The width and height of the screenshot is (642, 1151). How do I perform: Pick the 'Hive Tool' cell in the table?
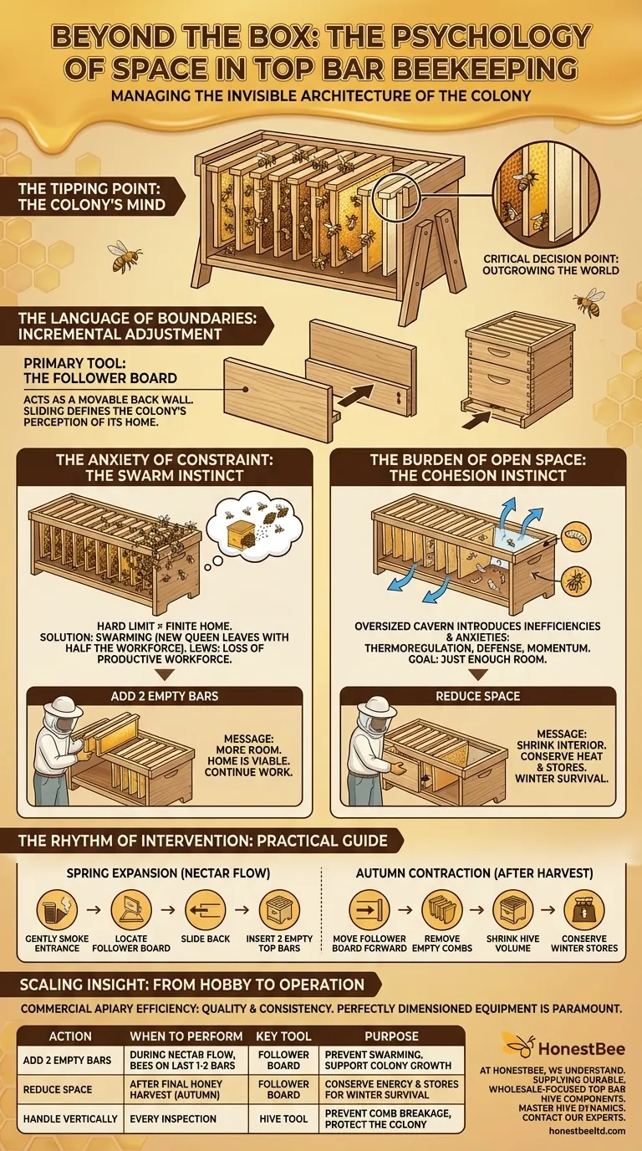283,1118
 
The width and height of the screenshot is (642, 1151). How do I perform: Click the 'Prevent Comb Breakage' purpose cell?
390,1118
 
